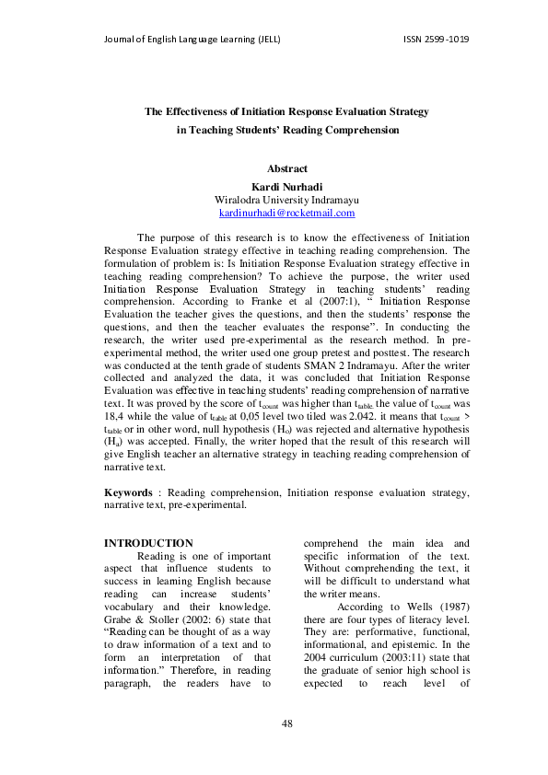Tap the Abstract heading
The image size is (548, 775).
286,168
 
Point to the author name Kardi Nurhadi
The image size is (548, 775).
286,186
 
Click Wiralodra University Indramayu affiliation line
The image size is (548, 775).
286,200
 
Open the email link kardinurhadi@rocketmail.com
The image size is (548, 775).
286,213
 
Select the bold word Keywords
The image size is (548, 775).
127,493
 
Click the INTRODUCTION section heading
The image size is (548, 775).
148,543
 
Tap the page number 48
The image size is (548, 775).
286,724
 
